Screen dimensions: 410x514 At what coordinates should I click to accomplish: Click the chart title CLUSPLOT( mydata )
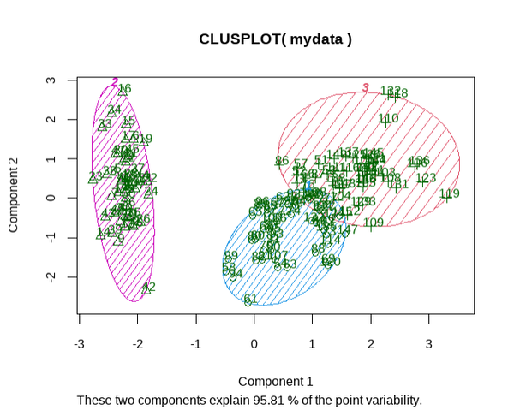point(275,39)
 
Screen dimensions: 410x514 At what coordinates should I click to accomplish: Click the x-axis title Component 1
point(275,381)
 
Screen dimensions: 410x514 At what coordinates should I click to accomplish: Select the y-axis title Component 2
point(14,198)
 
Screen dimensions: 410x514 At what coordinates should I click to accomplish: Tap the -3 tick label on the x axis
point(80,343)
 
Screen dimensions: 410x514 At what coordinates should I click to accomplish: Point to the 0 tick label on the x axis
point(254,343)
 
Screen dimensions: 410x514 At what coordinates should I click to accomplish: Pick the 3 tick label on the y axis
point(51,80)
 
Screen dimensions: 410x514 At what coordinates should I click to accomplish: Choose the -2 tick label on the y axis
point(51,277)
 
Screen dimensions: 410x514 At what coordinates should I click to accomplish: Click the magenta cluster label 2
point(115,82)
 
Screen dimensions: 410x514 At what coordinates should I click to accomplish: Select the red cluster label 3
point(366,87)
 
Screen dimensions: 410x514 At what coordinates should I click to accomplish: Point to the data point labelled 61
point(249,300)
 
